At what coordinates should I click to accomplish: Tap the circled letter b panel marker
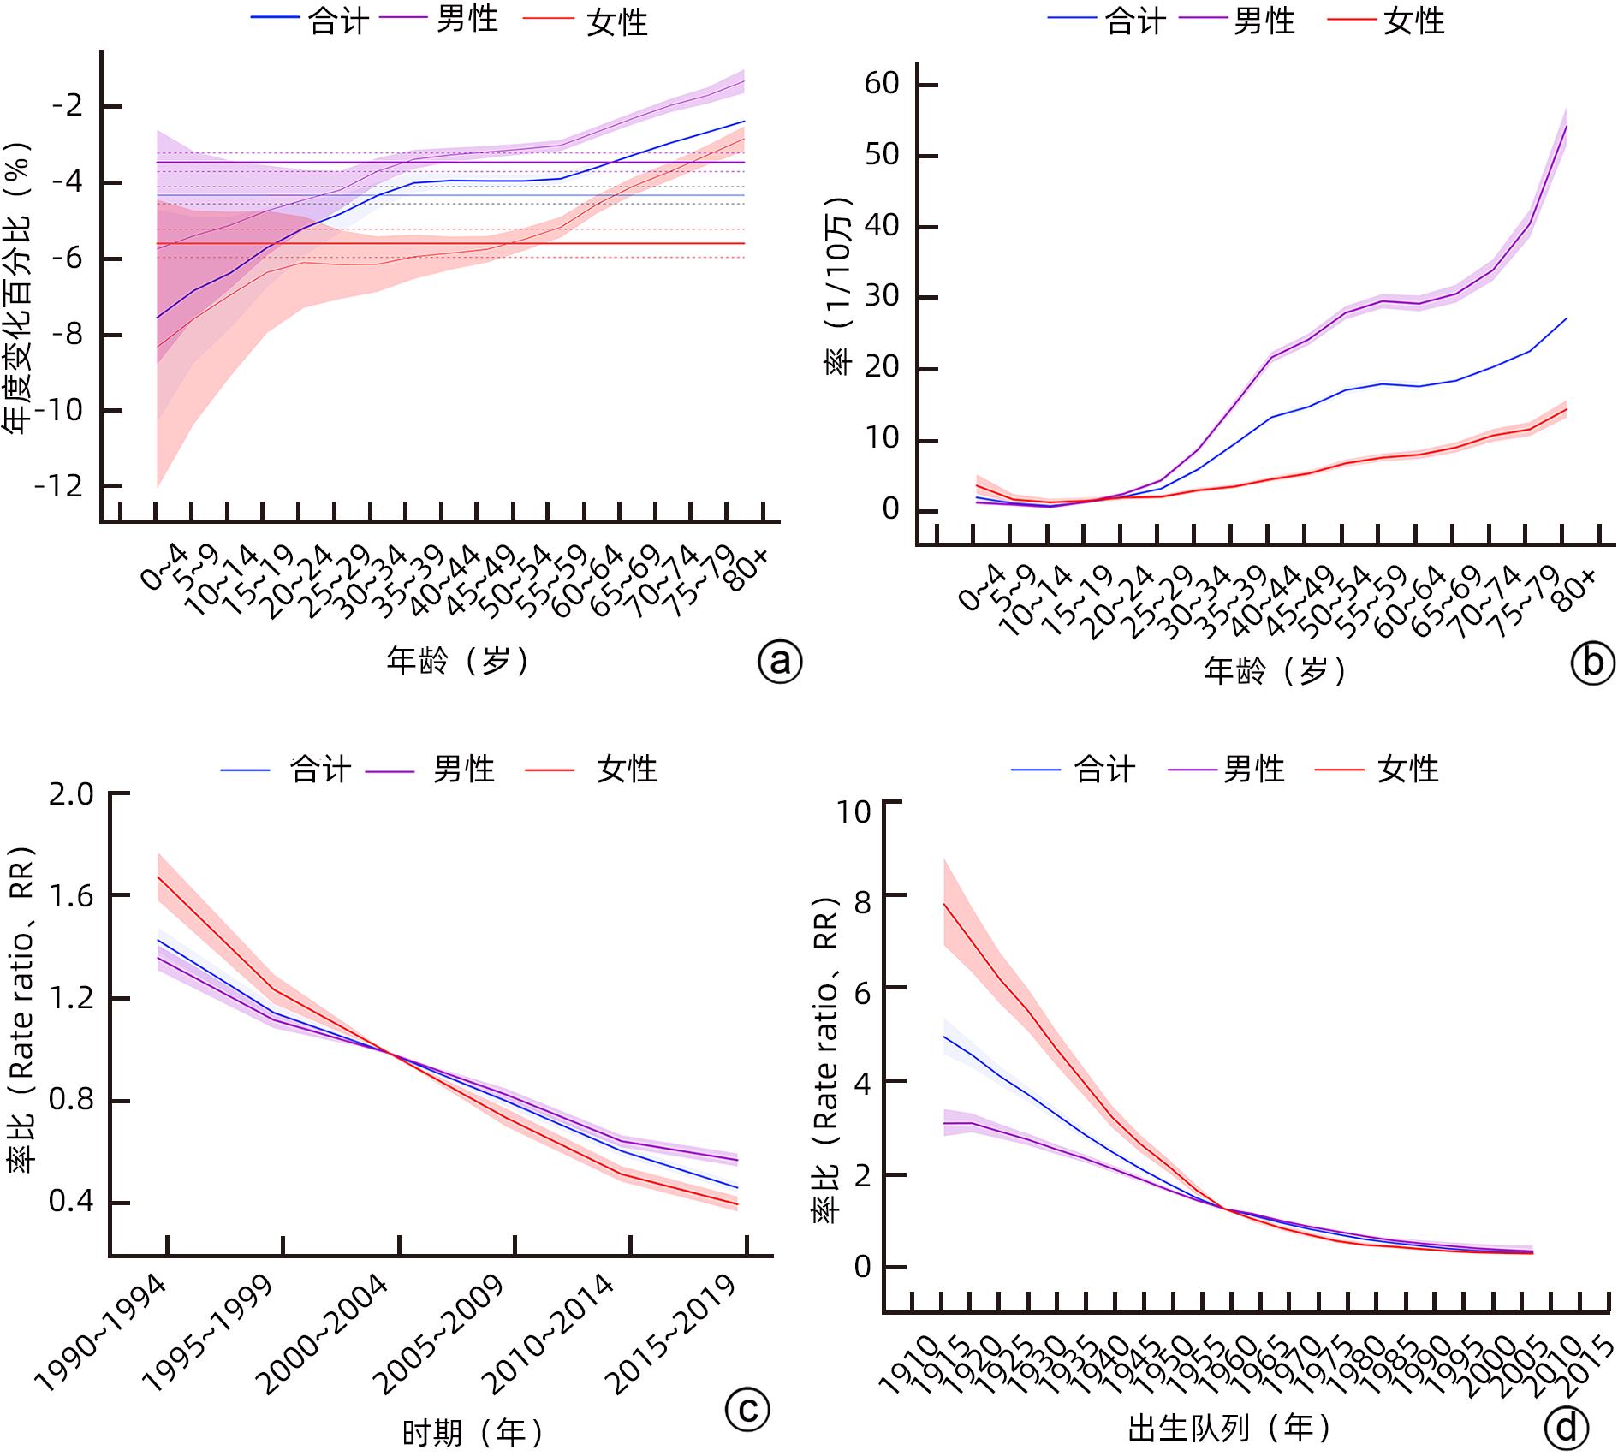[1592, 663]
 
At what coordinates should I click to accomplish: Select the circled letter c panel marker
[747, 1408]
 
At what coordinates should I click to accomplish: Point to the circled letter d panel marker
[1567, 1427]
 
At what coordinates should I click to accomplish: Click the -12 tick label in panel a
[59, 486]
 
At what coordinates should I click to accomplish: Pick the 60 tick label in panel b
[882, 84]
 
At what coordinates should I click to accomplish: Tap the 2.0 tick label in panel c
[71, 794]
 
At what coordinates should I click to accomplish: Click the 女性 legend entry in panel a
[617, 22]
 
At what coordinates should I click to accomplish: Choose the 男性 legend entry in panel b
[1264, 21]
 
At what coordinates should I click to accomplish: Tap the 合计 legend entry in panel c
[320, 770]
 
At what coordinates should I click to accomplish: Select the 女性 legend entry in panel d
[1407, 770]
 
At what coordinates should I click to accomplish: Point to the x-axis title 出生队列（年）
[1229, 1427]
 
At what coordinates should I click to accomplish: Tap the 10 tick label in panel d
[853, 811]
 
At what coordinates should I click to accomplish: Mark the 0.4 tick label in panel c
[71, 1202]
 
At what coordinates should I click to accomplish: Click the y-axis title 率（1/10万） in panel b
[838, 287]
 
